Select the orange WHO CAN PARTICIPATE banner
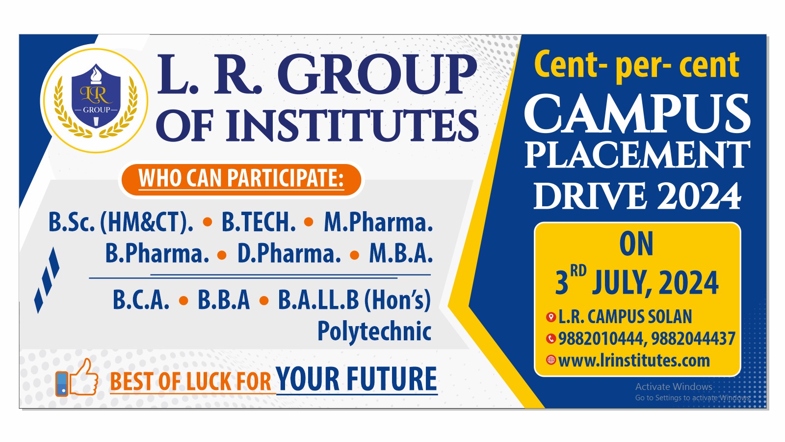click(240, 179)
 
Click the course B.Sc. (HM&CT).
click(121, 222)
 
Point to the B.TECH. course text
click(259, 222)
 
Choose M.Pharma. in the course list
click(378, 222)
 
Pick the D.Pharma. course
click(289, 254)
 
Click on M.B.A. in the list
click(401, 254)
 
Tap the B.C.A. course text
click(141, 300)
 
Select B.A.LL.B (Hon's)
click(354, 300)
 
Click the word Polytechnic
click(374, 331)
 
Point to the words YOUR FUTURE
click(356, 379)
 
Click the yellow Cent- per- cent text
click(636, 65)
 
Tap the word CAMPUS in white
click(637, 114)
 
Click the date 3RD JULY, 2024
click(637, 282)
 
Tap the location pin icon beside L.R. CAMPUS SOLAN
click(551, 317)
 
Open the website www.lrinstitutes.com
click(634, 360)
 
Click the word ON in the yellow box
click(636, 244)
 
